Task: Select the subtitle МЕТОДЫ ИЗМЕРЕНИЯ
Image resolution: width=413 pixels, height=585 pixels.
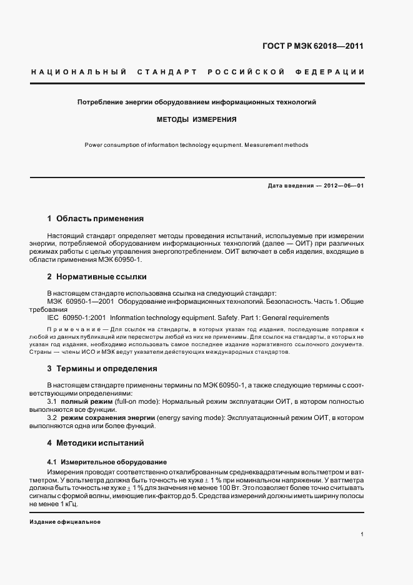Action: click(196, 118)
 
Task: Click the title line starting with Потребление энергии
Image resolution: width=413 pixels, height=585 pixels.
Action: click(197, 101)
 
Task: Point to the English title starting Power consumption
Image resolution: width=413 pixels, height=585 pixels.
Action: click(197, 145)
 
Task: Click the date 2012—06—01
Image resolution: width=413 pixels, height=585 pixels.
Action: click(343, 186)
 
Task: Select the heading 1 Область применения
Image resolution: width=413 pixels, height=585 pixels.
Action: click(96, 219)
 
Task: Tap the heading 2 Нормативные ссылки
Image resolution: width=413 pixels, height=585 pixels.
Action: click(97, 276)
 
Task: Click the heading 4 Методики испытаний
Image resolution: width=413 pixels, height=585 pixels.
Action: click(96, 443)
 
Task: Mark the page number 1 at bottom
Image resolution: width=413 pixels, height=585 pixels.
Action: click(362, 534)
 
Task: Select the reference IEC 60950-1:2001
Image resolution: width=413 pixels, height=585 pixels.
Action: click(76, 317)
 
